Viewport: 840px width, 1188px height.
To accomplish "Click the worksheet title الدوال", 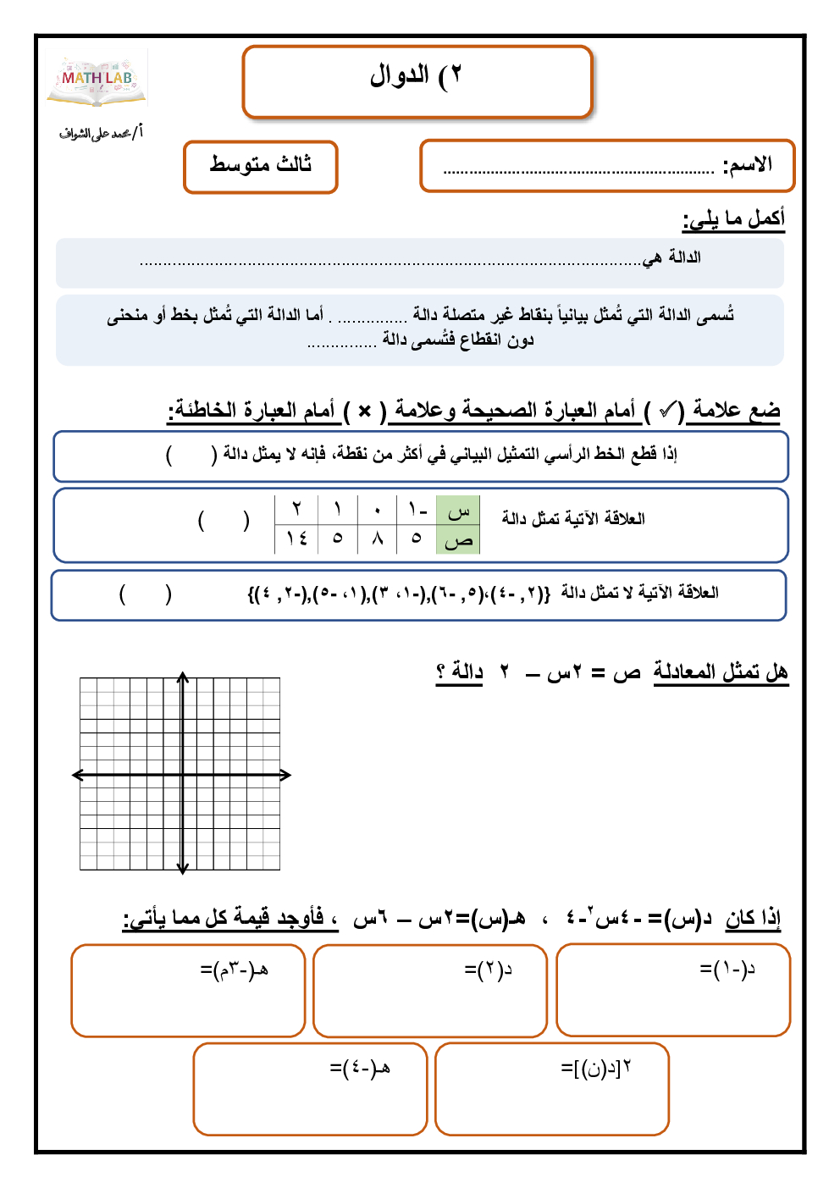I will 415,76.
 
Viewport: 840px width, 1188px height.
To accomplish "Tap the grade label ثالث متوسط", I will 261,164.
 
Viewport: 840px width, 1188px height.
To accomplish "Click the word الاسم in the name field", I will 747,164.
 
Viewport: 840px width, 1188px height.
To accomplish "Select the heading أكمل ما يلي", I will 733,218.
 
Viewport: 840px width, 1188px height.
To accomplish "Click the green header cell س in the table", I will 458,511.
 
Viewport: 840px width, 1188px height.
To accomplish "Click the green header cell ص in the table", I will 458,539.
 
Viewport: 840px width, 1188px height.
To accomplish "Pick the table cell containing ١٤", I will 296,539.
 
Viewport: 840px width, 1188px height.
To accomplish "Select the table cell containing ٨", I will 378,539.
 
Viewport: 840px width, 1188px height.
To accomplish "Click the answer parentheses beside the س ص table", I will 224,520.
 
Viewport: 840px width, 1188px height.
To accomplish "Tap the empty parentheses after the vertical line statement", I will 191,455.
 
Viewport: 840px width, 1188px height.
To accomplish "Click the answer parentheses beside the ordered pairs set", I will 146,594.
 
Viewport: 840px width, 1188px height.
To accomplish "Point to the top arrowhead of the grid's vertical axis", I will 182,677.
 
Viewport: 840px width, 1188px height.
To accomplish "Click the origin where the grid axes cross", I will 182,774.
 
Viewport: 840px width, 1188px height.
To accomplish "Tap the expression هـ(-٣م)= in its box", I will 235,969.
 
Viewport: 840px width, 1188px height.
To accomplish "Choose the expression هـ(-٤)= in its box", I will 360,1068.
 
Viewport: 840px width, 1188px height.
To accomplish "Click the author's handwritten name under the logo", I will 101,133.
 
